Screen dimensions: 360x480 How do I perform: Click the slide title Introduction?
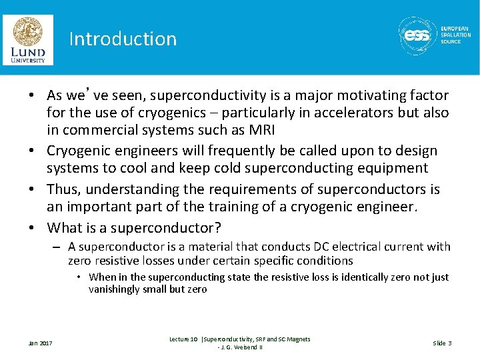[123, 39]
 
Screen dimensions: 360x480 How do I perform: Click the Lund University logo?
[27, 40]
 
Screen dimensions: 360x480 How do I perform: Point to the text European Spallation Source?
[455, 35]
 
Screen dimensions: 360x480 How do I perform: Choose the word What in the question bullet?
[65, 228]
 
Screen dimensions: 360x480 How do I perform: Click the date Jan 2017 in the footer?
[40, 343]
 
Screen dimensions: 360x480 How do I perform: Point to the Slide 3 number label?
[442, 343]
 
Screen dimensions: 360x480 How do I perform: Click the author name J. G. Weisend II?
[241, 347]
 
